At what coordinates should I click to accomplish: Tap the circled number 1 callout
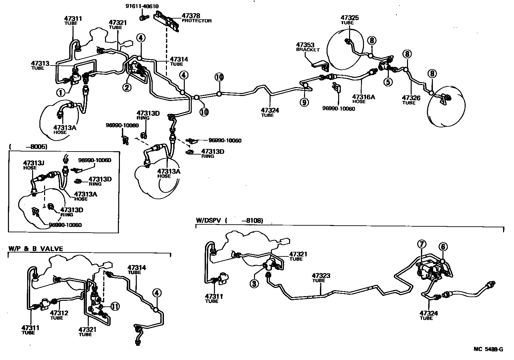click(61, 93)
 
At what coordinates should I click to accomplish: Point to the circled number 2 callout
click(127, 87)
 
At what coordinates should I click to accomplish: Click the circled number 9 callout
click(304, 102)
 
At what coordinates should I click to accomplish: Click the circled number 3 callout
click(254, 284)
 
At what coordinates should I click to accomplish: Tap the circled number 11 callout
click(115, 306)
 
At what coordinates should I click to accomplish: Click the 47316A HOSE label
click(363, 98)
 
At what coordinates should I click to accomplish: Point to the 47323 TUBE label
click(321, 278)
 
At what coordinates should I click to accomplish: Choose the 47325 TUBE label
click(350, 20)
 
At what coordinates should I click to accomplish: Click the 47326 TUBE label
click(411, 100)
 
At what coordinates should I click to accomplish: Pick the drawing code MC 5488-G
click(488, 349)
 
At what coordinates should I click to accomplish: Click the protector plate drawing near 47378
click(168, 21)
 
